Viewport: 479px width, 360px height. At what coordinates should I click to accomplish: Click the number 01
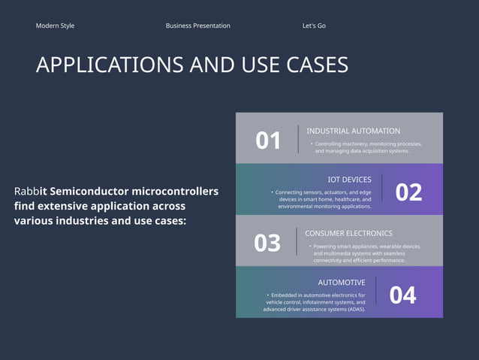click(268, 141)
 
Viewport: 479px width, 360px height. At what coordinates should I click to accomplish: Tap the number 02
click(408, 192)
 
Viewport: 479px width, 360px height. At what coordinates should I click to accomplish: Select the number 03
click(267, 243)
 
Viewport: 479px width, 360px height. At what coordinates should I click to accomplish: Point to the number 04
click(402, 295)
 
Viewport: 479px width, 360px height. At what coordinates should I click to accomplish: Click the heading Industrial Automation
click(353, 131)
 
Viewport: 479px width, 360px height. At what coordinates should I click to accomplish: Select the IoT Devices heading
click(349, 180)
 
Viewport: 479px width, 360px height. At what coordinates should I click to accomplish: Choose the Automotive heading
click(342, 283)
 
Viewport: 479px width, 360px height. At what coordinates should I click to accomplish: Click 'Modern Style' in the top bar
click(55, 26)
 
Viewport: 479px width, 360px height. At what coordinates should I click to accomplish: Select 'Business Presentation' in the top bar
click(197, 26)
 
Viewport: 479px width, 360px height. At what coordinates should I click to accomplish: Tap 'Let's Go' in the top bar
click(314, 26)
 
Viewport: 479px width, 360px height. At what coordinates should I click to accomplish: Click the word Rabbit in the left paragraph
click(30, 192)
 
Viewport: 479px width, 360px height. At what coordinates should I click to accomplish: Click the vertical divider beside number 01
click(298, 139)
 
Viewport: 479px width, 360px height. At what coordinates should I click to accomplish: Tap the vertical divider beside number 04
click(376, 291)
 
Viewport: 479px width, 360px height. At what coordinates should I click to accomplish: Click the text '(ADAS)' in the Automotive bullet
click(354, 309)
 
